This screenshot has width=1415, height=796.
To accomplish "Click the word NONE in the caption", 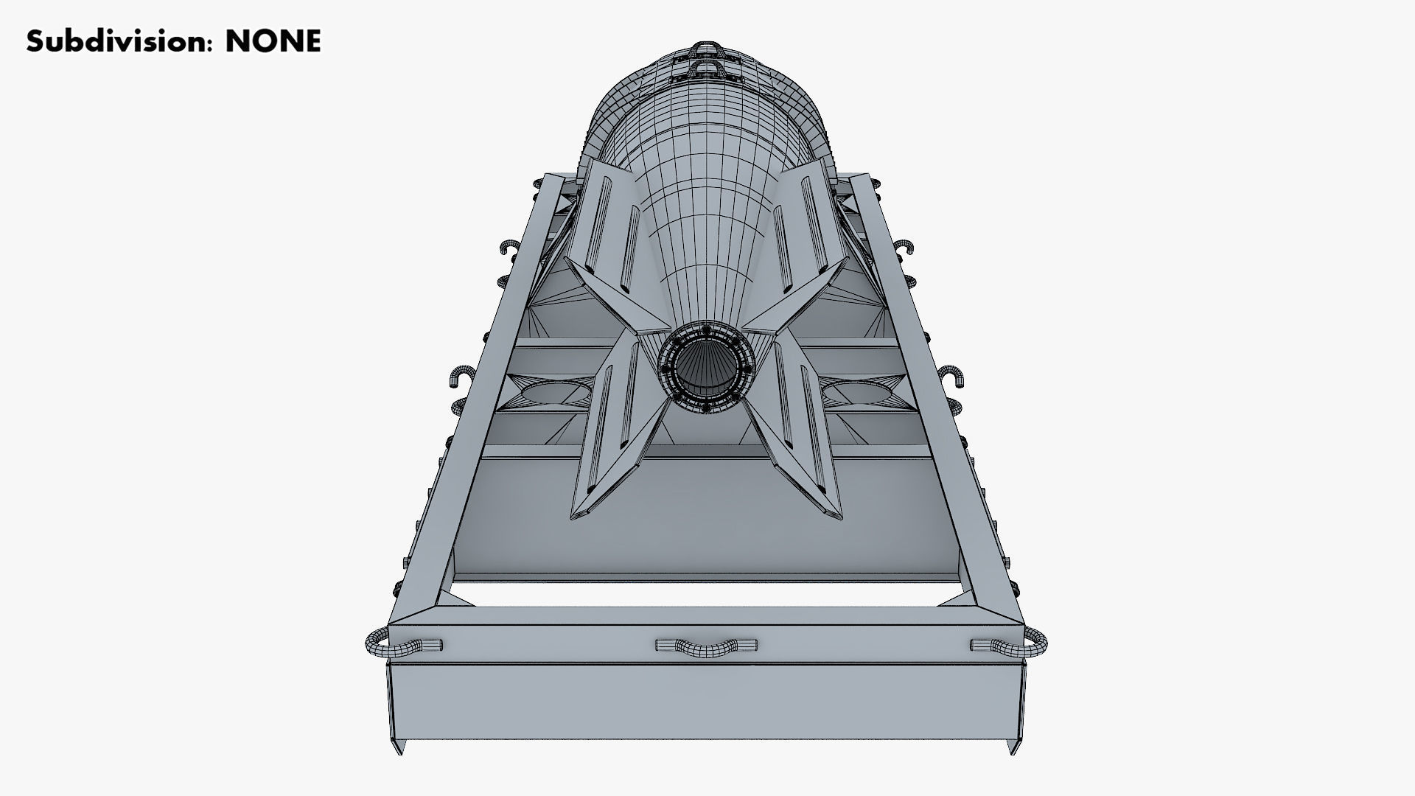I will pyautogui.click(x=273, y=42).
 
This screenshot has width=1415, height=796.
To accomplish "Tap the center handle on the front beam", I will pyautogui.click(x=705, y=646).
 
